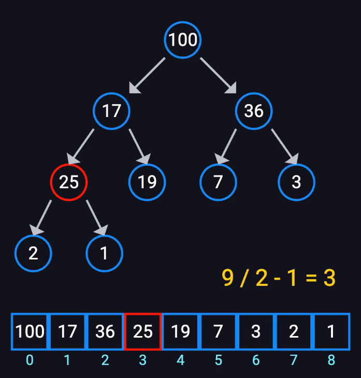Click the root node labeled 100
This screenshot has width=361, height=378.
tap(183, 40)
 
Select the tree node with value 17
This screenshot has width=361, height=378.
tap(111, 111)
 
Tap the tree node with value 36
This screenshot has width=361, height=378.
tap(253, 111)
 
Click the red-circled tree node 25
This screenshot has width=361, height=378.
tap(68, 182)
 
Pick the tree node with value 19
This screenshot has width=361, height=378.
tap(147, 182)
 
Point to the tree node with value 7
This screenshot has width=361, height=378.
tap(218, 182)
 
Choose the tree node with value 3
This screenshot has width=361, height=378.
tap(296, 182)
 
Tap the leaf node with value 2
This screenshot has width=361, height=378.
tap(33, 253)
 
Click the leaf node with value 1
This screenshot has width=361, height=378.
tap(104, 253)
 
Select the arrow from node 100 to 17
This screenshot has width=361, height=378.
tap(147, 76)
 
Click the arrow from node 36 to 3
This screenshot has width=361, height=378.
tap(285, 147)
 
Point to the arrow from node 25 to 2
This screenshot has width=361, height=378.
tap(42, 217)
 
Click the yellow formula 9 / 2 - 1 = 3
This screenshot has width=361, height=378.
tap(279, 279)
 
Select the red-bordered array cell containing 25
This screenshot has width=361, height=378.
tap(143, 331)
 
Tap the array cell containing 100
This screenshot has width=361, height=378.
tap(30, 331)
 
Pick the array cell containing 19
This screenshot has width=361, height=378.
tap(181, 331)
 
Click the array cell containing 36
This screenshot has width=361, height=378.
tap(105, 331)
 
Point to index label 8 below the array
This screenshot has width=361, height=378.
tap(331, 360)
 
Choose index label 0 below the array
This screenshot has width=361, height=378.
tap(30, 360)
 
